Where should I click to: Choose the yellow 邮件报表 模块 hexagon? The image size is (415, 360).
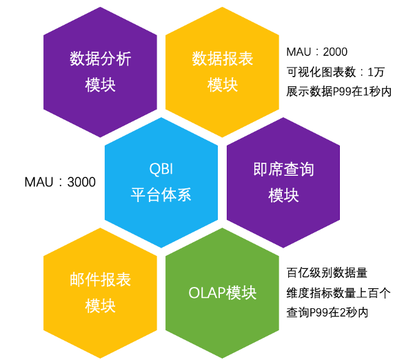100,293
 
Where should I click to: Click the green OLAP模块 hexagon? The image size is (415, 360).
222,293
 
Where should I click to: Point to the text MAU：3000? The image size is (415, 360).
60,182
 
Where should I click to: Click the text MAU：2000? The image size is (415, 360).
317,52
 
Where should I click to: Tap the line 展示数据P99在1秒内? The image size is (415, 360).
338,91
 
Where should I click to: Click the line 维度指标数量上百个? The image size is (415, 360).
338,293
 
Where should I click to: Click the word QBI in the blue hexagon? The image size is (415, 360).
161,169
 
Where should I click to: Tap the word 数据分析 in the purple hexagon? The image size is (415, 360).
100,59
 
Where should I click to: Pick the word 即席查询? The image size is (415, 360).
283,170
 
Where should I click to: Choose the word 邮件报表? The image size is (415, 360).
100,280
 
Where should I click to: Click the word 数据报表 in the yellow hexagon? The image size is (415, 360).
222,59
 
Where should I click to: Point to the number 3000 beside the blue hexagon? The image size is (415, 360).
81,182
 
